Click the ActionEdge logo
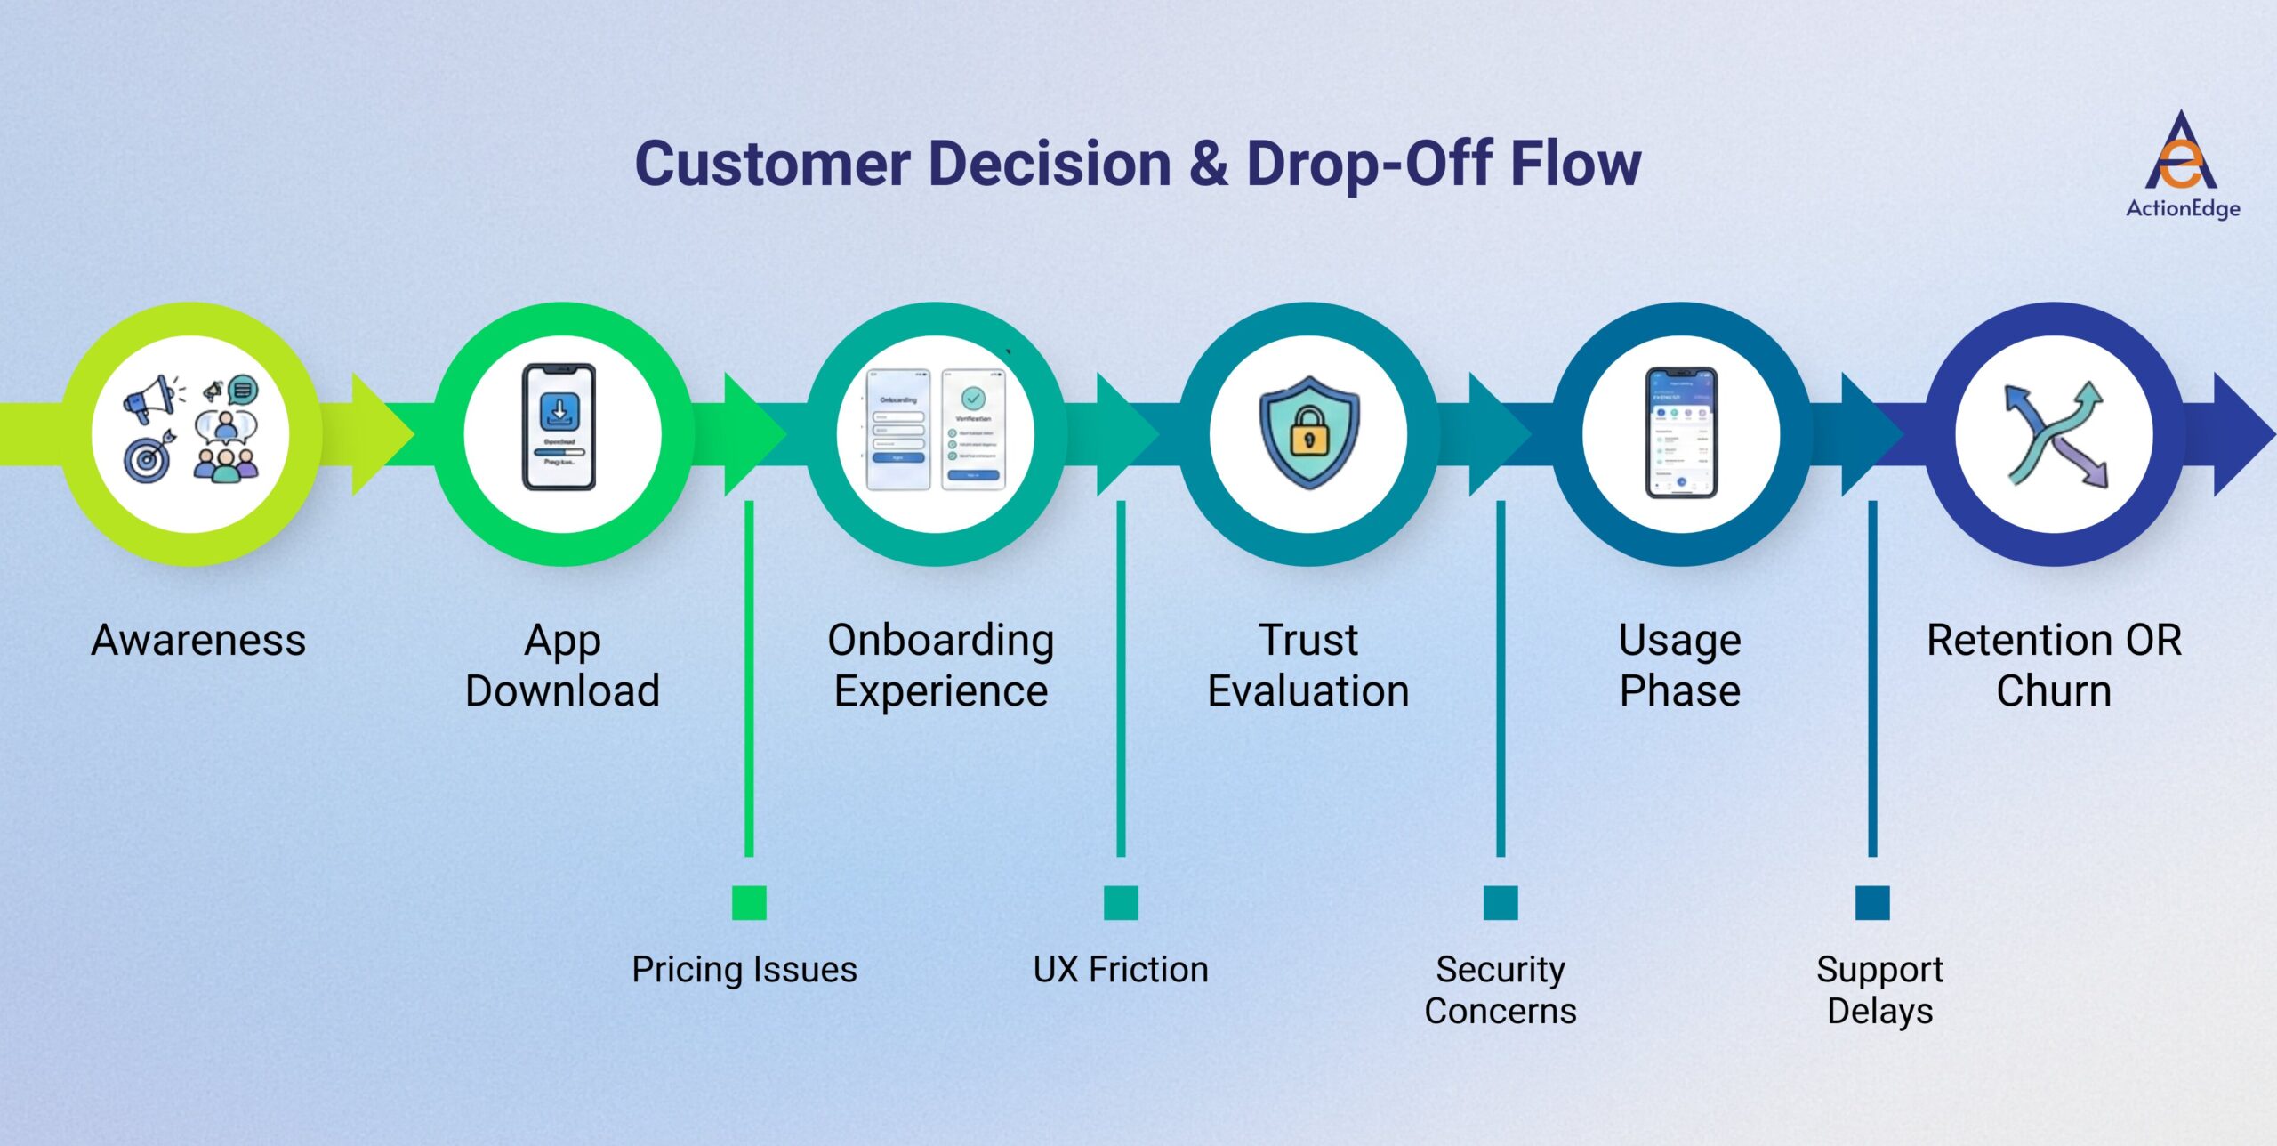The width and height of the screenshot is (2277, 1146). [2181, 165]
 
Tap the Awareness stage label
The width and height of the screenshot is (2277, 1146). [198, 641]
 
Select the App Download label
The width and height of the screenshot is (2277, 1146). [562, 666]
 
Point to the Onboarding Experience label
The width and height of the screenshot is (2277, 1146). [940, 666]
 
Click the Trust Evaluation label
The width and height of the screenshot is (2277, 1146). [1307, 666]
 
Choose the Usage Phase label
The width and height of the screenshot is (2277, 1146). [1679, 666]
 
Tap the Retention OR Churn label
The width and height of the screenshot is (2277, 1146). [2054, 666]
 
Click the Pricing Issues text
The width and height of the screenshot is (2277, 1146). [744, 970]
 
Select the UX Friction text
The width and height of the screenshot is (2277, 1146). [1121, 970]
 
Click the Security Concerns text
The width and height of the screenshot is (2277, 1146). [1501, 990]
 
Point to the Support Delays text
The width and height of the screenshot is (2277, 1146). [1879, 990]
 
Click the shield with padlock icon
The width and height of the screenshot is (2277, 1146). [1308, 432]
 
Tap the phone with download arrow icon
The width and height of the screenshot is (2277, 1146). [559, 427]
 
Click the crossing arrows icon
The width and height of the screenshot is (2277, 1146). [2055, 434]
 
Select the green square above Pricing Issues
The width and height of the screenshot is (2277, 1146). [749, 902]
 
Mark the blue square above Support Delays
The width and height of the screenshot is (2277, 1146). [1872, 902]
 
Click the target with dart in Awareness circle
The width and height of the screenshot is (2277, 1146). [148, 457]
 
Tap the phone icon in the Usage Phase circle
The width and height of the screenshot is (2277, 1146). [1681, 432]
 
